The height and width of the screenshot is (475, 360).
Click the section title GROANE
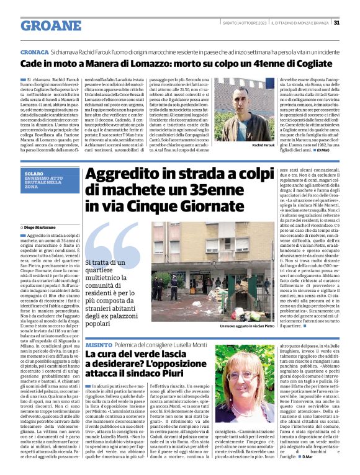click(50, 25)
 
